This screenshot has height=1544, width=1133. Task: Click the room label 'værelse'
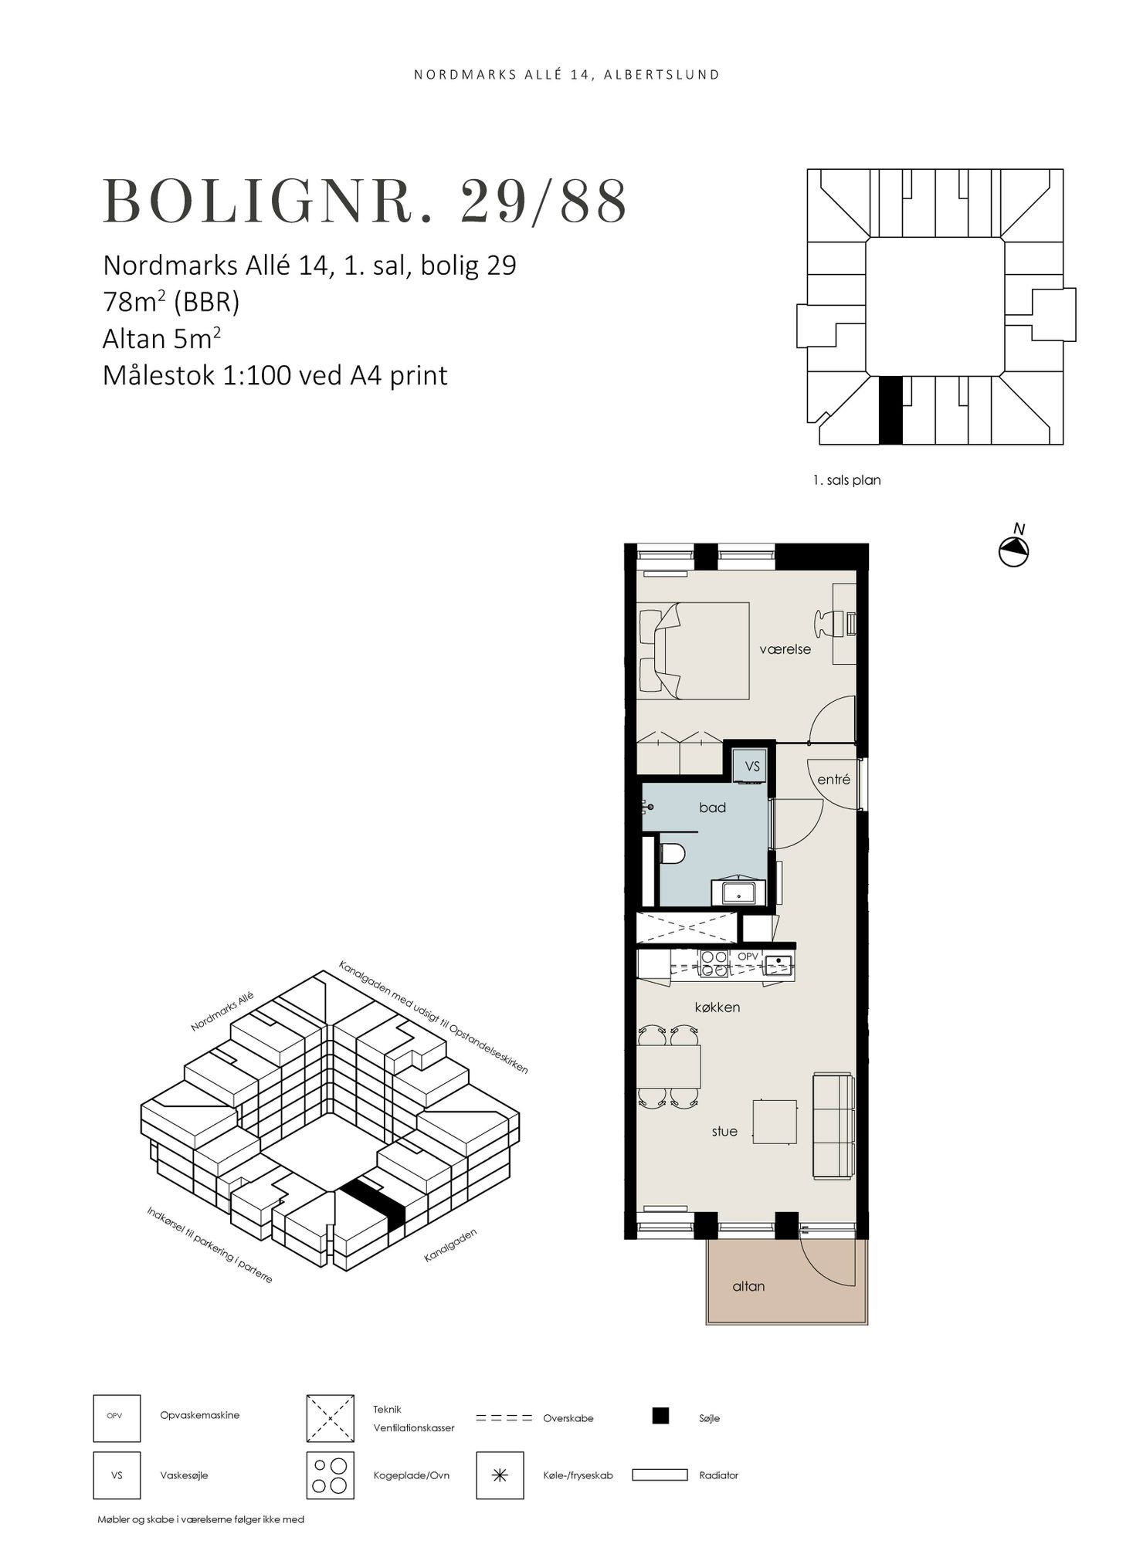[785, 649]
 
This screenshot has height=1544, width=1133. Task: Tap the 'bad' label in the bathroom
[712, 808]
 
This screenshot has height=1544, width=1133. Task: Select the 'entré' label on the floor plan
[833, 780]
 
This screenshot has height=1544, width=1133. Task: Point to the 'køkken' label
[717, 1007]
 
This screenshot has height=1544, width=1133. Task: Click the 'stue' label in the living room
[724, 1131]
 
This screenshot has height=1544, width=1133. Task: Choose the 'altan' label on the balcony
[748, 1286]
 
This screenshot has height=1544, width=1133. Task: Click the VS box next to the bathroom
[751, 767]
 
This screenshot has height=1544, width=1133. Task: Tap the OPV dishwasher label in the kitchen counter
[748, 957]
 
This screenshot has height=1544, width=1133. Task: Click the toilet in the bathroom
[673, 854]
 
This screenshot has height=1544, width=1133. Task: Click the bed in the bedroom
[693, 651]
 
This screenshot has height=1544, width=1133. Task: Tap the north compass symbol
[1014, 550]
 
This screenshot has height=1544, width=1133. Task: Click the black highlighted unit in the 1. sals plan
[890, 410]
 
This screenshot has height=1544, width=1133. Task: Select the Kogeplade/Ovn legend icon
[330, 1475]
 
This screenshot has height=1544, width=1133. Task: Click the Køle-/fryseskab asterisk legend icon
[500, 1475]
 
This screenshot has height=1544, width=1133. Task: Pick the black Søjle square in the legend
[660, 1415]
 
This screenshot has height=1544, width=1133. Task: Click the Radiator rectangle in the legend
[660, 1475]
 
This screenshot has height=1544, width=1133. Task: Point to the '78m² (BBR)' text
[171, 302]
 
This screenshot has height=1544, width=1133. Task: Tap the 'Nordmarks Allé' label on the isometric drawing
[222, 1012]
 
